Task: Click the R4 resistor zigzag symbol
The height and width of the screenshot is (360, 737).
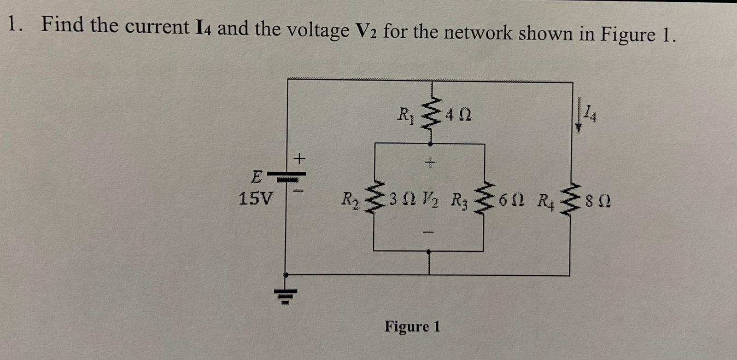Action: pos(570,201)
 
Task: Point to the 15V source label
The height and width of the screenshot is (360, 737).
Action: pos(255,199)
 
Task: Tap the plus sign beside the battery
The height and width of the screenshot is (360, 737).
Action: pos(300,159)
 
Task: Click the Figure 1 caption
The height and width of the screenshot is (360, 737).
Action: pos(412,326)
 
